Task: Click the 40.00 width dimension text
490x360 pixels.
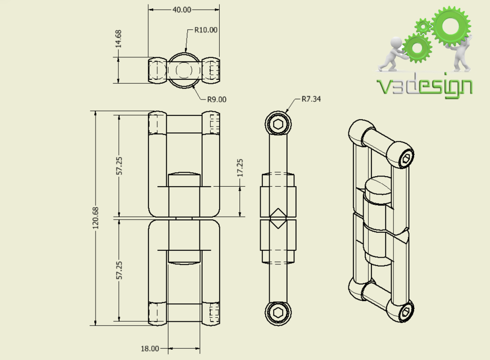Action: pos(182,10)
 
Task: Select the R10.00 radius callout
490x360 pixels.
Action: pos(206,30)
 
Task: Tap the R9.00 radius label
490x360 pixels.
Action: pos(216,99)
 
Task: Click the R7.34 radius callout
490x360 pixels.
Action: pos(311,99)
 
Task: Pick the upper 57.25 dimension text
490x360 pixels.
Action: pos(119,164)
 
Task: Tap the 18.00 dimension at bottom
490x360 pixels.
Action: pos(150,349)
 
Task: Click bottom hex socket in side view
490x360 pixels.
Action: pos(278,313)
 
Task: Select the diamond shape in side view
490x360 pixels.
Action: pos(278,218)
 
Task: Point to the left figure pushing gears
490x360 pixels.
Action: pos(392,55)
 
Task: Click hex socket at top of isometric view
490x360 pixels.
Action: pos(407,159)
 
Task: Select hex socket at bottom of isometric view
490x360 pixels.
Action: pos(405,311)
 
